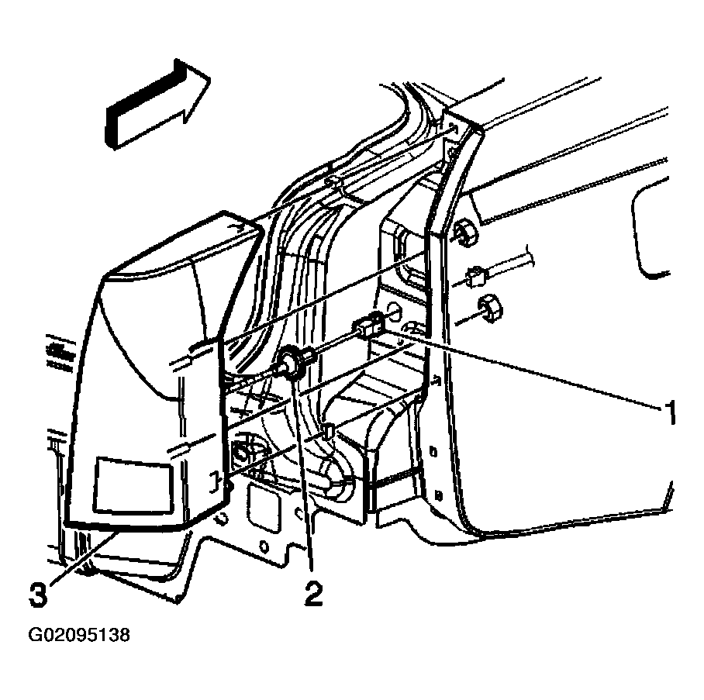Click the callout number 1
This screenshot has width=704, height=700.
(669, 412)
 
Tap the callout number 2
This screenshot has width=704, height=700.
(313, 592)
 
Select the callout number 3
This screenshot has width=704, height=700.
(38, 595)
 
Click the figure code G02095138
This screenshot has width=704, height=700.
(79, 636)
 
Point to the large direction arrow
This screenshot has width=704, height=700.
(157, 104)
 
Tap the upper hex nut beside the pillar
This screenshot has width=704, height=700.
(466, 232)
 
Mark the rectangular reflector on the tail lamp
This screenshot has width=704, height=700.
(133, 485)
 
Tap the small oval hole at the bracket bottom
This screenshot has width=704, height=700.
(264, 547)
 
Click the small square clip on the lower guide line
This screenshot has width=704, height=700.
(328, 430)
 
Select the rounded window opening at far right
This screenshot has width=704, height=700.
(649, 228)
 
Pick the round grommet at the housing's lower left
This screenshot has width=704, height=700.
(243, 454)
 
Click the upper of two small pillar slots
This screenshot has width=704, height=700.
(434, 451)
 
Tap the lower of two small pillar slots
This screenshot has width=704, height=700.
(439, 495)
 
